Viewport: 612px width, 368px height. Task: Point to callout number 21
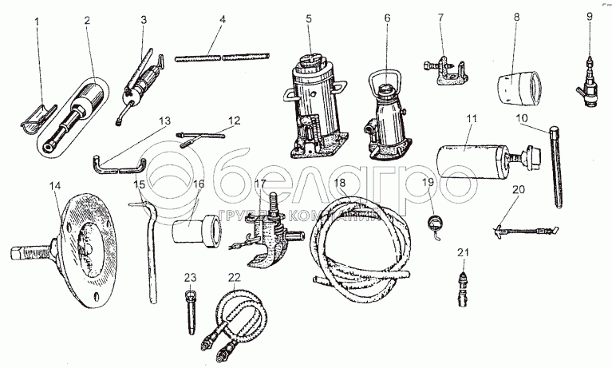pos(460,253)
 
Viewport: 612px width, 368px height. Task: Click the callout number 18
pos(341,184)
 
